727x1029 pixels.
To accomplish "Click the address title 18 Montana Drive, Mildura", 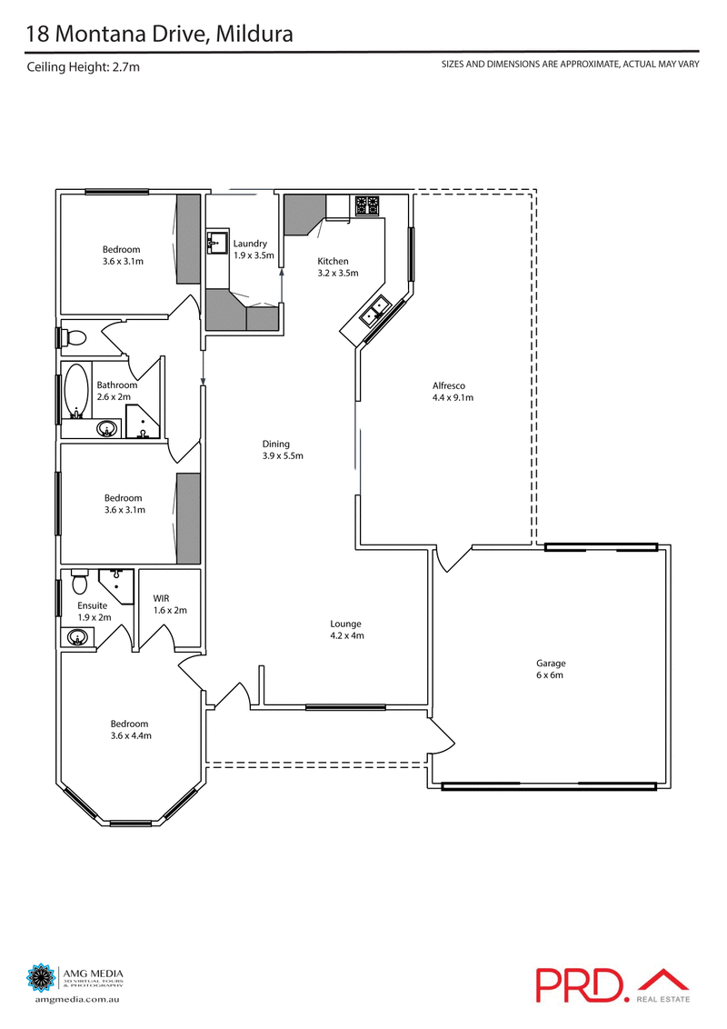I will [x=158, y=35].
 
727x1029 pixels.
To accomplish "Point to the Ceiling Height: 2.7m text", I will [x=84, y=66].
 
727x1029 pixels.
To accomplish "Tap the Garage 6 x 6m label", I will [x=550, y=669].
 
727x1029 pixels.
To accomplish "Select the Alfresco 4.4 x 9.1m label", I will [x=453, y=391].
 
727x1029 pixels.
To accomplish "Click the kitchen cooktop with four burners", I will [x=367, y=205].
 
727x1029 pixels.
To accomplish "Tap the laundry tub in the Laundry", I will [x=216, y=243].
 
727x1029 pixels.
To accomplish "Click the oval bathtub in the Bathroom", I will [x=77, y=391].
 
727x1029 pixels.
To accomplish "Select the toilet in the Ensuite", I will [x=79, y=579].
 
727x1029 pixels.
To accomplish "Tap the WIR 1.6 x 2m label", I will [x=169, y=604].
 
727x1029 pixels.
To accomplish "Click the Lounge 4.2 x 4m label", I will [x=345, y=629].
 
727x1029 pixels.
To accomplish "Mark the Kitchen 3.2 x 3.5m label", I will [x=338, y=266].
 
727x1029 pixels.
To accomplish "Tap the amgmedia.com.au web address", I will [x=77, y=999].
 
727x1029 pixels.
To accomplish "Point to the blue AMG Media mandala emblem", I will [x=42, y=978].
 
